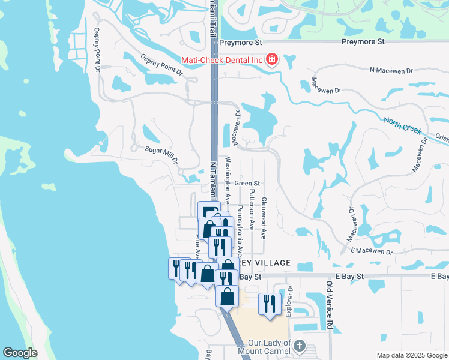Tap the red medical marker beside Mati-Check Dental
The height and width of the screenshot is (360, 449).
(272, 59)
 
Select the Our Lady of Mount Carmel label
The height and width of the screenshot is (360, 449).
(265, 346)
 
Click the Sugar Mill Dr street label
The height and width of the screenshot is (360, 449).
(161, 153)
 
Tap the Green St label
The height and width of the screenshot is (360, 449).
(247, 184)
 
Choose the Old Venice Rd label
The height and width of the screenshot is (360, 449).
(329, 305)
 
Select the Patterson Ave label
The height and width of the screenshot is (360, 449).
(252, 211)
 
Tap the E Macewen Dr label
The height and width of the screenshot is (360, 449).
(370, 250)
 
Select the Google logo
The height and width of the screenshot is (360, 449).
(20, 353)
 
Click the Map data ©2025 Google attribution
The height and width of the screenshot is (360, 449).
(412, 355)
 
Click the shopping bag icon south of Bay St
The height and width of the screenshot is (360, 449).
(227, 296)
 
